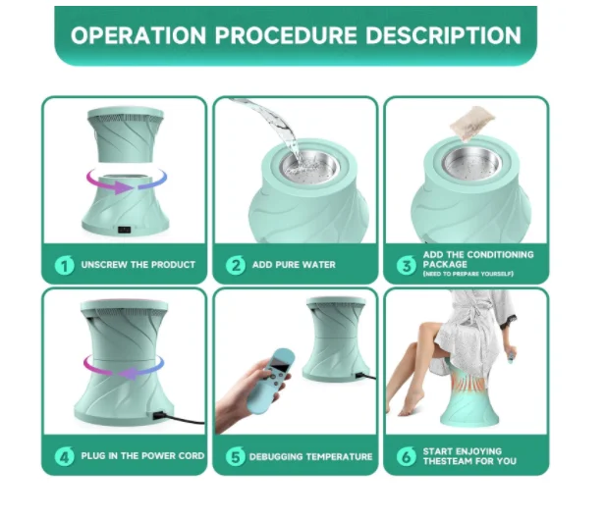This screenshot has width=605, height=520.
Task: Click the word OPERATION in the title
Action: pos(138,36)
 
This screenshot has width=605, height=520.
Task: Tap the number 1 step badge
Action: pos(63,265)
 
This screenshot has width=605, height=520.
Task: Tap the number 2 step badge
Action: pos(236,265)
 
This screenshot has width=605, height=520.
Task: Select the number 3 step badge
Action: pos(405,265)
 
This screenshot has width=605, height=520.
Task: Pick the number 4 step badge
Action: pos(63,456)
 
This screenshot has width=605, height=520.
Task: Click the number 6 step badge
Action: pos(405,456)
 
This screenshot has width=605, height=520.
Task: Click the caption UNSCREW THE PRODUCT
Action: pos(138,265)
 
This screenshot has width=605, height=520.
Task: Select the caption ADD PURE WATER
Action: pos(295,265)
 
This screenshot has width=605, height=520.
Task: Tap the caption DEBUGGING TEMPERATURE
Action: pos(310,456)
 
